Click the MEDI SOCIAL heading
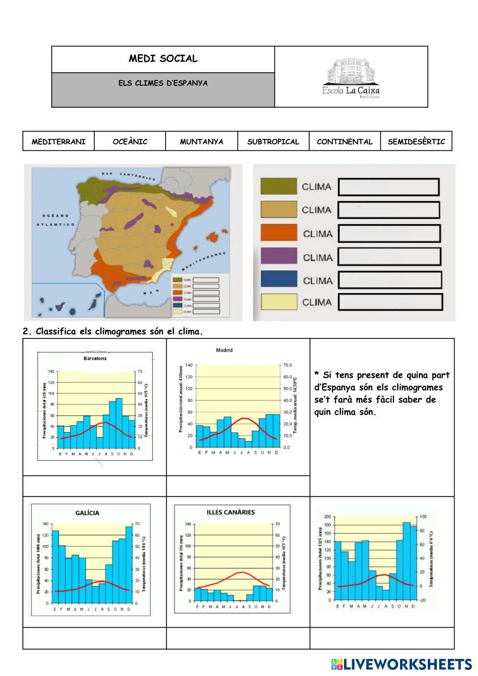[x=163, y=59]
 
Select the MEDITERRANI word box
[x=58, y=141]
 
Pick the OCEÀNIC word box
[x=130, y=141]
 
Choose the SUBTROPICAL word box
[x=273, y=141]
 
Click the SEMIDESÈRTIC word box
[x=416, y=141]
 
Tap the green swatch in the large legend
[x=278, y=187]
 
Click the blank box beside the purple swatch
[x=389, y=257]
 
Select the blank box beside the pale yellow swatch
[x=390, y=302]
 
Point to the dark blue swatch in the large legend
[x=278, y=280]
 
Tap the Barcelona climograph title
[x=95, y=358]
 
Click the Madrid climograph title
[x=224, y=350]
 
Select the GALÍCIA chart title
[x=88, y=513]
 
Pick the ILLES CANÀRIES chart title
[x=231, y=512]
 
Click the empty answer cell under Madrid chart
[x=238, y=486]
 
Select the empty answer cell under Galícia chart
[x=94, y=638]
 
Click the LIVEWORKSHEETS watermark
[x=401, y=664]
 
